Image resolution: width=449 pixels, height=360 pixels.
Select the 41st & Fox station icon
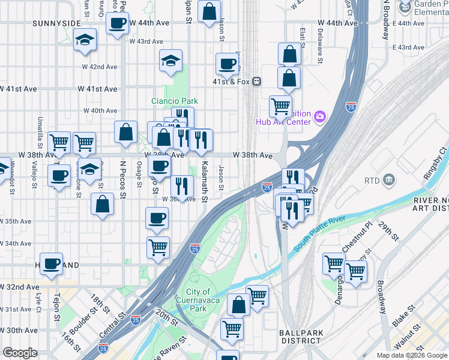pyautogui.click(x=256, y=81)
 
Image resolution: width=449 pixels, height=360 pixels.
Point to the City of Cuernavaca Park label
pyautogui.click(x=197, y=300)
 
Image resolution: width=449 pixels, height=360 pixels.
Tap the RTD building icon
pyautogui.click(x=388, y=179)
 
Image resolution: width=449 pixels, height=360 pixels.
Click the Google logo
pyautogui.click(x=20, y=353)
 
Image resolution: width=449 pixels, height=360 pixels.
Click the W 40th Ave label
pyautogui.click(x=100, y=110)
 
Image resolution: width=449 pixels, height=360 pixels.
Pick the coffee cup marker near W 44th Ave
pyautogui.click(x=118, y=23)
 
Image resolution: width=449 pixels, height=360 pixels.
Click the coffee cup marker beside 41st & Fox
pyautogui.click(x=228, y=63)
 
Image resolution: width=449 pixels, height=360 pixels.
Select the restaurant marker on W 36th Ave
pyautogui.click(x=181, y=185)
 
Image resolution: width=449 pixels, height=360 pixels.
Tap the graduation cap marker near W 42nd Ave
pyautogui.click(x=171, y=60)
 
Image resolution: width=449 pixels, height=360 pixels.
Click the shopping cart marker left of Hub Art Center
pyautogui.click(x=280, y=106)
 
